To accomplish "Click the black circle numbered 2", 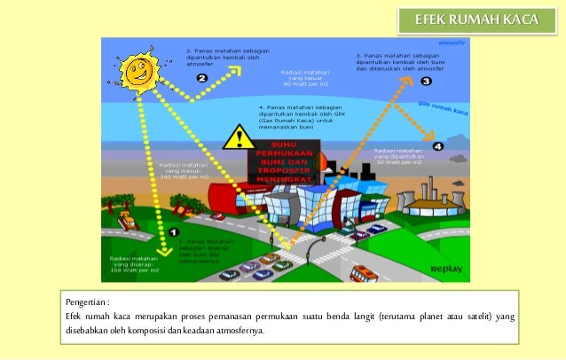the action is (201, 78).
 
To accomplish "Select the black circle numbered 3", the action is (426, 82).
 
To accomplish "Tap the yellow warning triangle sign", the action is (237, 137).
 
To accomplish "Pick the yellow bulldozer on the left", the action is (125, 217).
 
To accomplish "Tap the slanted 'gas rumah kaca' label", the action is (443, 110).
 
